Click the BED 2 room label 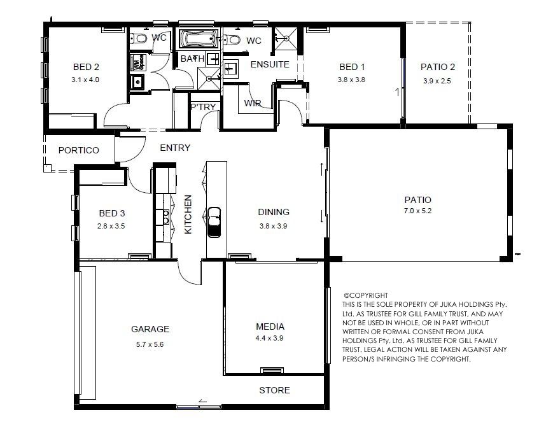pos(86,67)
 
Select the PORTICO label pos(79,150)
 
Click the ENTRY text pos(175,148)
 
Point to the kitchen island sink pos(214,222)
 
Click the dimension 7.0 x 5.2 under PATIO pos(418,211)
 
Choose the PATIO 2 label pos(438,67)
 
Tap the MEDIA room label pos(270,327)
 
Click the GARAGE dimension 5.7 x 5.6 pos(150,344)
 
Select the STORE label pos(274,390)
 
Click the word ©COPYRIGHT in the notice pos(366,295)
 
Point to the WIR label pos(253,103)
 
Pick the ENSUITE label pos(270,64)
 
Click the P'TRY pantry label pos(203,106)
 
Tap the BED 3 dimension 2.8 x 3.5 pos(111,226)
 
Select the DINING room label pos(274,212)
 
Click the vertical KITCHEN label pos(188,214)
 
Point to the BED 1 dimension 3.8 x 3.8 pos(351,80)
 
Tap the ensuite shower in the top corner pos(286,38)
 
